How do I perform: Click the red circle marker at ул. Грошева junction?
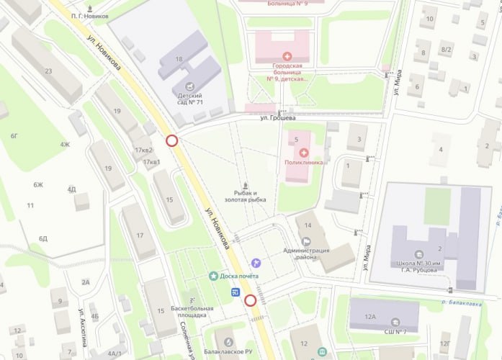172,140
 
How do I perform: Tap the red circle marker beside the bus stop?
251,300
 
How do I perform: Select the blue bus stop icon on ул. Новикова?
236,292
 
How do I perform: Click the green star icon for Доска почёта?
213,276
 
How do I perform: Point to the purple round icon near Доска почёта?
256,263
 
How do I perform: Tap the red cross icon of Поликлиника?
303,153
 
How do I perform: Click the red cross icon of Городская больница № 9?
287,56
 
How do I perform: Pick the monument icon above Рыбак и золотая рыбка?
246,184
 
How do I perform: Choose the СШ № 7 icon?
395,321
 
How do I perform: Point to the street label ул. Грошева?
279,117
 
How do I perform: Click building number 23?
48,71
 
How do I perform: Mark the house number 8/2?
446,50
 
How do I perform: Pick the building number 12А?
371,316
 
